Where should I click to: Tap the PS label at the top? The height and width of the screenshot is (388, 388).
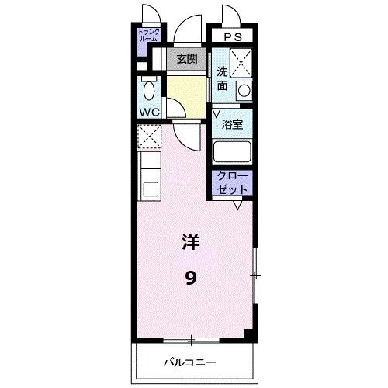[232, 36]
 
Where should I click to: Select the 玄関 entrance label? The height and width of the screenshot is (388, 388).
[186, 59]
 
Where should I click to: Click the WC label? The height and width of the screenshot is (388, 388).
[149, 112]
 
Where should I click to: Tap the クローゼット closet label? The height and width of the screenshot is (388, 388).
[232, 182]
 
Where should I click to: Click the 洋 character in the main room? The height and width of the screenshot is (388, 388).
[191, 242]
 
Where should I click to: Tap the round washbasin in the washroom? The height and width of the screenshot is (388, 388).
[244, 91]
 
